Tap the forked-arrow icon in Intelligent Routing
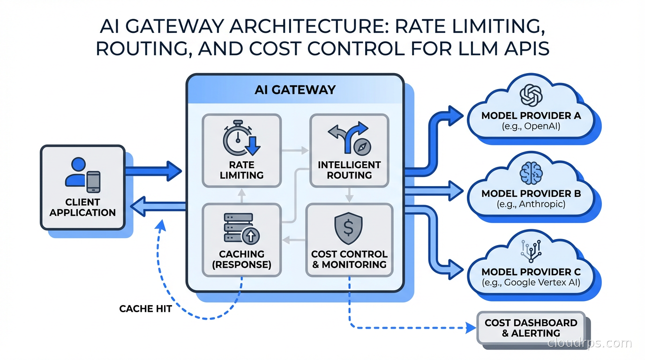tap(349, 139)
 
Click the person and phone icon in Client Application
tap(83, 174)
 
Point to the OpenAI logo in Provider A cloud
tap(531, 95)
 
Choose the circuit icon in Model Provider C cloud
tap(531, 251)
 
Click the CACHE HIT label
tap(145, 308)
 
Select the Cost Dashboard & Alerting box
tap(531, 328)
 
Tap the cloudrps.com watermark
tap(589, 343)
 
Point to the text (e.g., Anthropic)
tap(531, 204)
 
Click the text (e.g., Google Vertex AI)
tap(531, 283)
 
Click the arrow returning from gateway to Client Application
tap(157, 207)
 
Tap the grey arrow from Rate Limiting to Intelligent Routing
tap(295, 150)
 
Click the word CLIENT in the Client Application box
tap(82, 202)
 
